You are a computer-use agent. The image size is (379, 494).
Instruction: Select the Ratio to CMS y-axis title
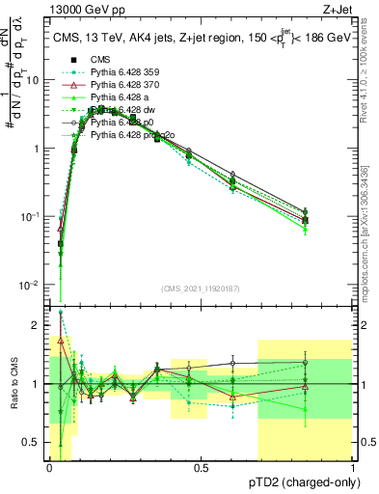13,384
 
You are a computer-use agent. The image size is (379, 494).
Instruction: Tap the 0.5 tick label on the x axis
202,468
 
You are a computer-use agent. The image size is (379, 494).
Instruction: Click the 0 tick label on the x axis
50,468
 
